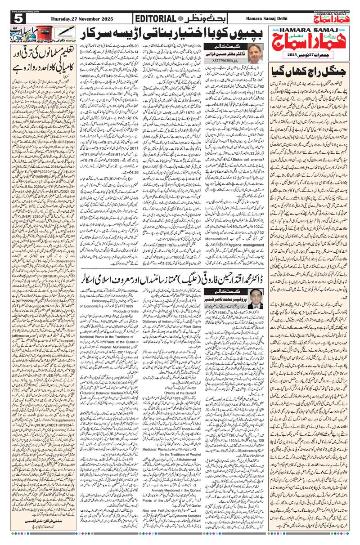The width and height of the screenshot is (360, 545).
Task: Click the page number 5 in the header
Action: click(x=18, y=18)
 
